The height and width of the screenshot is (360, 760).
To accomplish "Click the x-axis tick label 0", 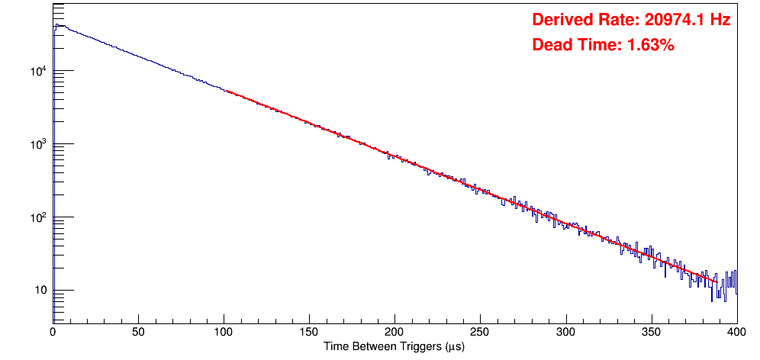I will click(53, 333).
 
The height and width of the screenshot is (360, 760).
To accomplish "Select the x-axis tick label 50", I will click(138, 333).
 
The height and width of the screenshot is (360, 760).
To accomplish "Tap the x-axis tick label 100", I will click(224, 333).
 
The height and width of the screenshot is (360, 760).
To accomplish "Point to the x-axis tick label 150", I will click(309, 333).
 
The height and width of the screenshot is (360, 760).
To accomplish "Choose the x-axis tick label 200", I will click(394, 333).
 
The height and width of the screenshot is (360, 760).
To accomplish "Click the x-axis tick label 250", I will click(480, 333).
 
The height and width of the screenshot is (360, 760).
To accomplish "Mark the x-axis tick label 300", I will click(565, 333).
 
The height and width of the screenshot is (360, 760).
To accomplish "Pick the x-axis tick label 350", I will click(651, 333).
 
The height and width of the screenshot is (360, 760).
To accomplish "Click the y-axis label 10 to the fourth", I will click(38, 72).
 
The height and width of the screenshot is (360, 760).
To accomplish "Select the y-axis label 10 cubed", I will click(38, 145).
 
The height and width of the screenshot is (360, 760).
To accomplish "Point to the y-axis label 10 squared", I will click(38, 218).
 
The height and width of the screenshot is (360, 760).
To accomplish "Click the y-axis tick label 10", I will click(40, 291).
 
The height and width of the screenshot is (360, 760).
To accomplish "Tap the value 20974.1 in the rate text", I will click(672, 21).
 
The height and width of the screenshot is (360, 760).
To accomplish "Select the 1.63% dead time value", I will click(650, 46).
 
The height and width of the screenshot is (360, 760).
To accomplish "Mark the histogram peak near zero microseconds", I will click(56, 25).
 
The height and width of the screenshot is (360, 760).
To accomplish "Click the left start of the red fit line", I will click(227, 91).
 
